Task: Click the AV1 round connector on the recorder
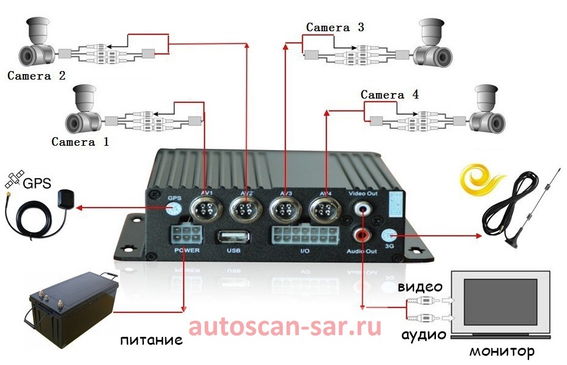[x=206, y=210]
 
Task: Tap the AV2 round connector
[x=246, y=210]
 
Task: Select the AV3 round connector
[x=285, y=210]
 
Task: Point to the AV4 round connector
[x=325, y=210]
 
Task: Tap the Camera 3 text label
[x=335, y=28]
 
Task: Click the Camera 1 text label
[x=80, y=142]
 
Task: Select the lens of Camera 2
[x=27, y=57]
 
